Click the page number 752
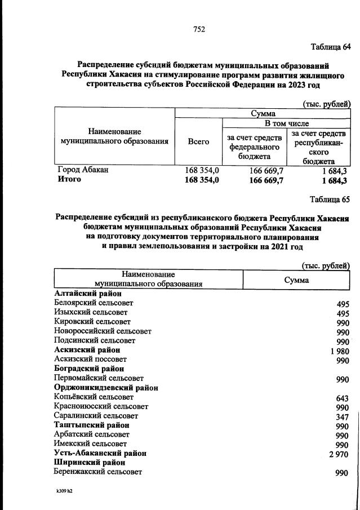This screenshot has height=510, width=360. tap(198, 29)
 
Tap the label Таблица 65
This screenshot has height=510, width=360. tap(330, 199)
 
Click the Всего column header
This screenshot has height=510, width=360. tap(198, 142)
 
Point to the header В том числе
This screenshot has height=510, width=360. tap(287, 123)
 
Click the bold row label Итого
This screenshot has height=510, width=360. tap(69, 179)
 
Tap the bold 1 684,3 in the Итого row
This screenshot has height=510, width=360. tap(334, 180)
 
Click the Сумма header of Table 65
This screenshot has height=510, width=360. tap(296, 280)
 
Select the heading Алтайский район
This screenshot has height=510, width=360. tap(88, 293)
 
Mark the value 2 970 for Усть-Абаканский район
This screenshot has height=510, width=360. tap(339, 454)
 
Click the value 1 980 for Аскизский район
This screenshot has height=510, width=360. tap(339, 351)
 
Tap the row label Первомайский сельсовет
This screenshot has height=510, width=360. tap(99, 378)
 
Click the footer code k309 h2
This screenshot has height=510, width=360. tap(60, 491)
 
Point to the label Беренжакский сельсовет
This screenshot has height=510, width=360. tap(98, 472)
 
